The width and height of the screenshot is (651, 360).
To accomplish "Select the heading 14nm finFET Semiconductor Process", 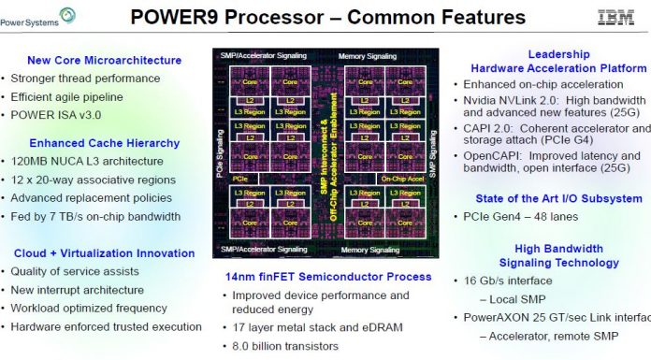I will pyautogui.click(x=328, y=277).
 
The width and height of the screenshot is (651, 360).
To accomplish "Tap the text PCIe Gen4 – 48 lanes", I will pyautogui.click(x=527, y=217).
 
